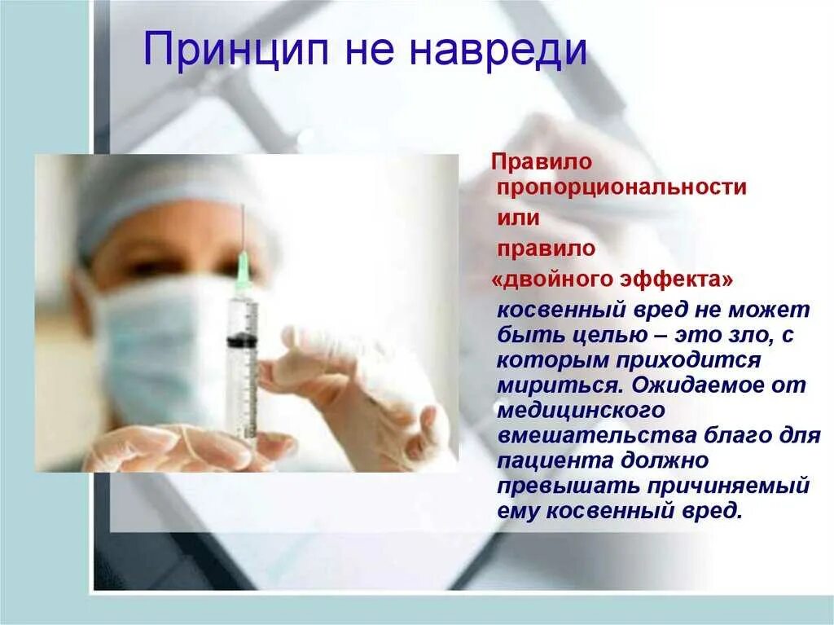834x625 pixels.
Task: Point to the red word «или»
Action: point(518,218)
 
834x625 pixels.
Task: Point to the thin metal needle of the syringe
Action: point(242,228)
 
